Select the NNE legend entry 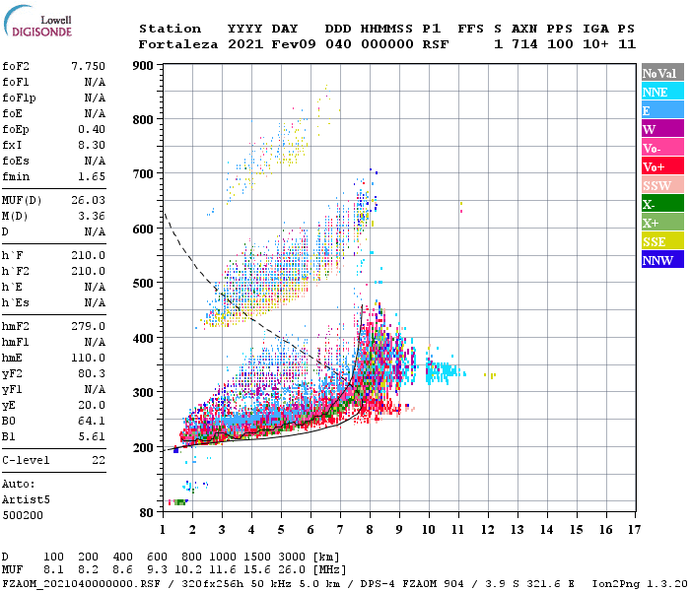661,92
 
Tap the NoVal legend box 661,73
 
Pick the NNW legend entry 661,260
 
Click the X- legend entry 661,204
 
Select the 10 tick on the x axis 428,530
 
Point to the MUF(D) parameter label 21,200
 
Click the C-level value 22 98,460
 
